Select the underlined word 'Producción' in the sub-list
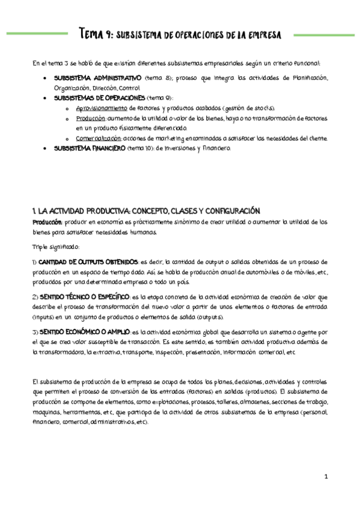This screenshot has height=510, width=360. coord(93,118)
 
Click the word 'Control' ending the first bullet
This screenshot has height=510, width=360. coord(129,88)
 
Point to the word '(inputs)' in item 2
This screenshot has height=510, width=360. coord(47,317)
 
